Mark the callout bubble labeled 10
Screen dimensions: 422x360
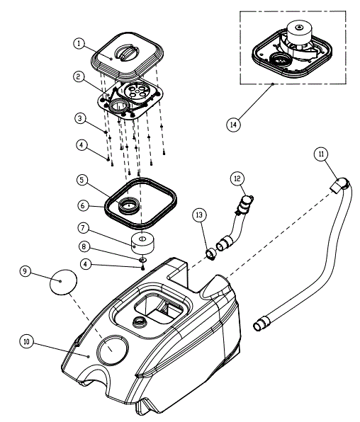pyautogui.click(x=26, y=341)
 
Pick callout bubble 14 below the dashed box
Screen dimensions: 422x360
pyautogui.click(x=233, y=123)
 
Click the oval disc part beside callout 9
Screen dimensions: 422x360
pyautogui.click(x=62, y=283)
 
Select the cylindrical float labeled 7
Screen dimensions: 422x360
pyautogui.click(x=142, y=243)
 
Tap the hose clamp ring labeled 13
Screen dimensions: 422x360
pyautogui.click(x=210, y=251)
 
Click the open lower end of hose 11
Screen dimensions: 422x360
pyautogui.click(x=259, y=325)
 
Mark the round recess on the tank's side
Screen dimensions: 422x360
pyautogui.click(x=111, y=350)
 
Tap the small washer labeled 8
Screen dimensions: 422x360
pyautogui.click(x=142, y=260)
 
